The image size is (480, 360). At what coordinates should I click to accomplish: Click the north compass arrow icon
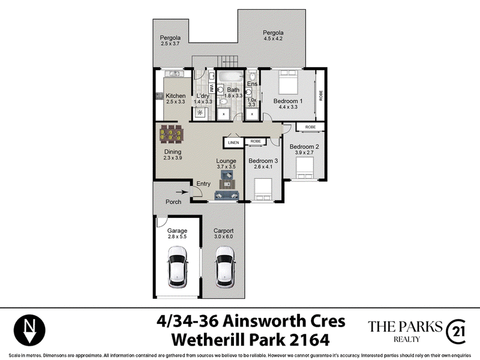tap(29, 331)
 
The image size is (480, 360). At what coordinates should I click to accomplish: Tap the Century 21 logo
tap(456, 332)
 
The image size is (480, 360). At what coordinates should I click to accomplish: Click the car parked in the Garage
tap(177, 267)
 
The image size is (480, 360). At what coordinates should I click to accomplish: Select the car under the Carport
tap(226, 267)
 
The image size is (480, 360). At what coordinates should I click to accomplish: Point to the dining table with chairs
tap(172, 134)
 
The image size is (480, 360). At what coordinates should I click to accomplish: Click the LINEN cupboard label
tap(233, 143)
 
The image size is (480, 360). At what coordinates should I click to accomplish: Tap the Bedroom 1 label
tap(288, 101)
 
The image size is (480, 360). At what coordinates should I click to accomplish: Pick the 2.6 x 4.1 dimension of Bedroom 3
tap(263, 167)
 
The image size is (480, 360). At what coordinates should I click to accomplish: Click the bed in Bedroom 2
tap(305, 168)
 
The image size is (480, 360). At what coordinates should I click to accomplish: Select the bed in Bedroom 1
tap(288, 82)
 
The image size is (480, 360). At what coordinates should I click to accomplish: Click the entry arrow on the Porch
tap(182, 192)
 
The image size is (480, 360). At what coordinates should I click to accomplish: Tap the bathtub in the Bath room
tap(230, 76)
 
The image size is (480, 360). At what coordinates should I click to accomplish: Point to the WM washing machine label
tap(212, 88)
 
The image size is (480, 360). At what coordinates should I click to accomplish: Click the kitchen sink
tap(174, 73)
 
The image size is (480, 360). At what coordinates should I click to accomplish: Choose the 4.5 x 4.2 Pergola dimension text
tap(273, 38)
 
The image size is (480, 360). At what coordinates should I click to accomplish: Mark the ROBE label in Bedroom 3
tap(256, 142)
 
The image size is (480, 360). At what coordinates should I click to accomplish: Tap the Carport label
tap(223, 231)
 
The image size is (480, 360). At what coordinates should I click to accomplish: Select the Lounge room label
tap(226, 161)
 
